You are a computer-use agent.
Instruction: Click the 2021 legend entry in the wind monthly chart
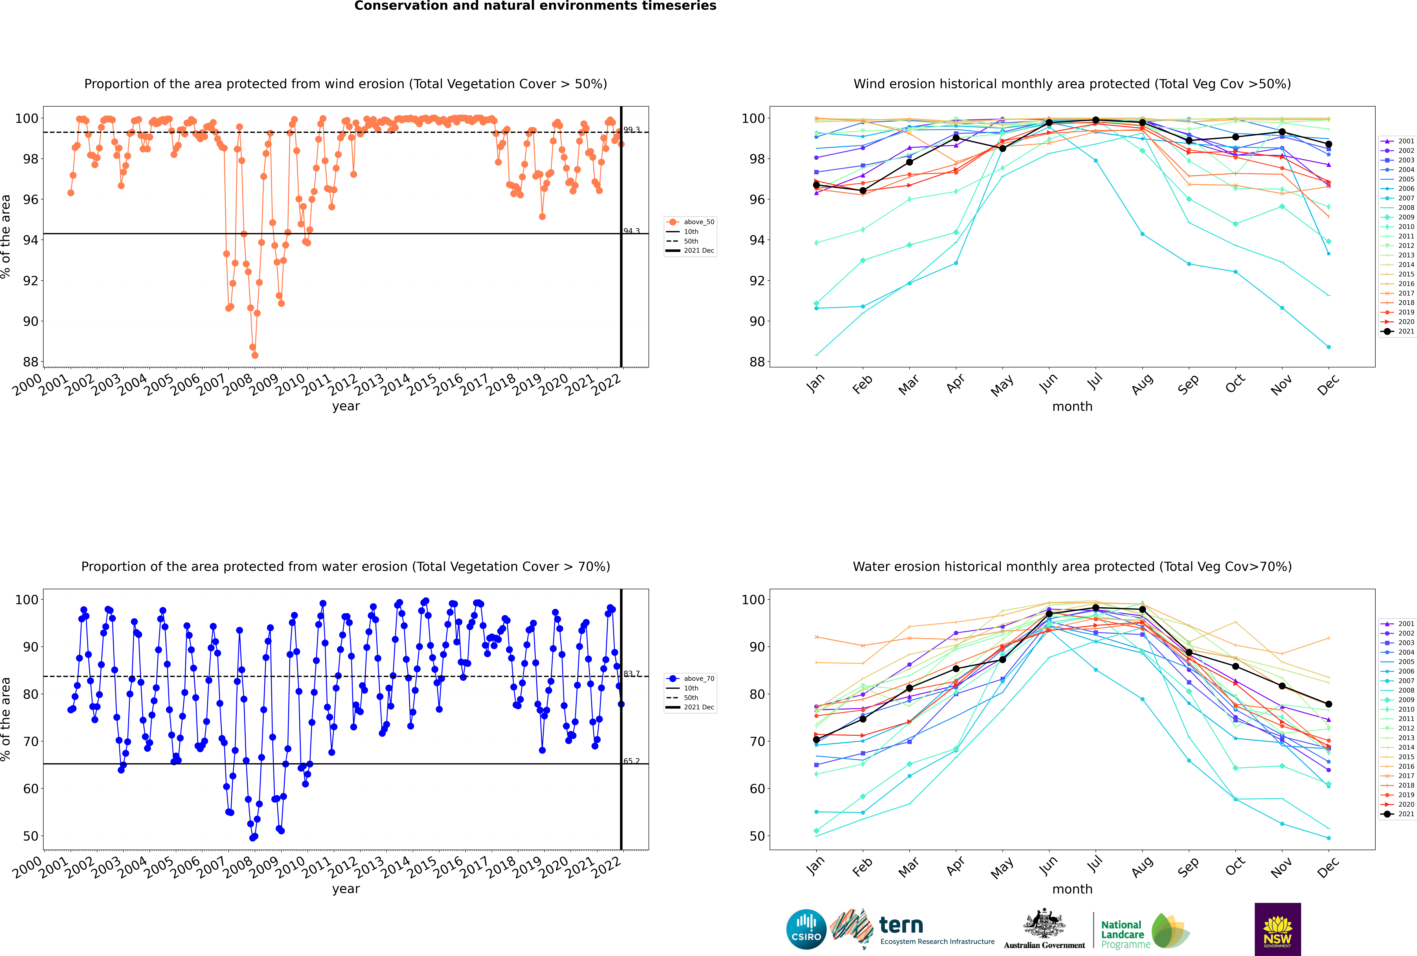tap(1398, 331)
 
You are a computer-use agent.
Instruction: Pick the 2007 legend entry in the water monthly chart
tap(1398, 680)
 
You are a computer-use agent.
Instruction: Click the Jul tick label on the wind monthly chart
tap(1095, 381)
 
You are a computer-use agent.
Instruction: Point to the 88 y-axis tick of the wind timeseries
tap(30, 361)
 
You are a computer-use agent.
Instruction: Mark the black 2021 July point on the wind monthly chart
tap(1095, 120)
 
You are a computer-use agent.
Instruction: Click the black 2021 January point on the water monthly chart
tap(816, 740)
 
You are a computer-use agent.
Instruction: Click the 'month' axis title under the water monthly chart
tap(1072, 889)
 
